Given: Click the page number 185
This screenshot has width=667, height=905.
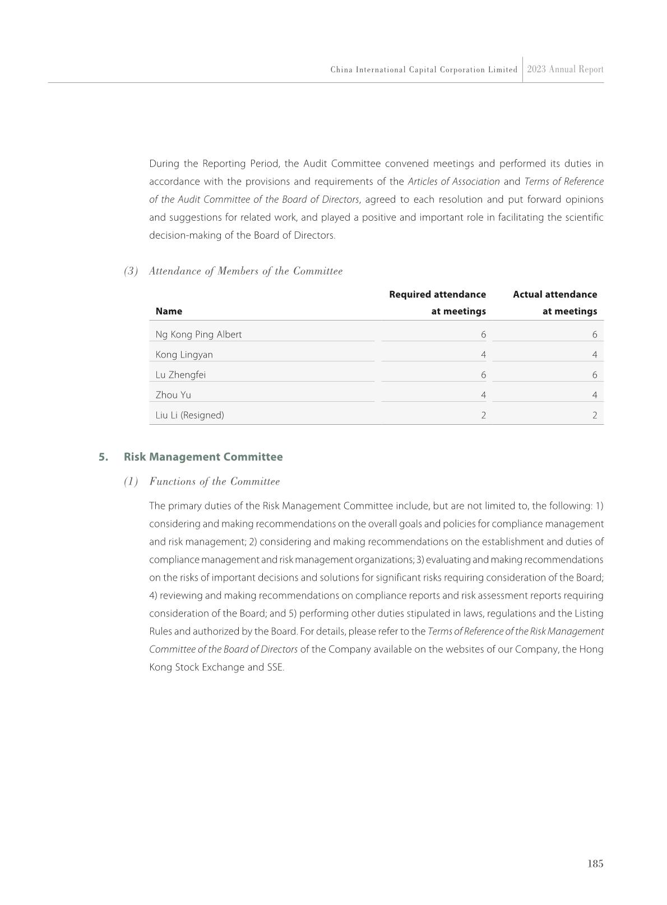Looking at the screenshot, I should (595, 864).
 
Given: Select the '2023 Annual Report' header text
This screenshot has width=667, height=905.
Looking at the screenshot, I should (565, 69).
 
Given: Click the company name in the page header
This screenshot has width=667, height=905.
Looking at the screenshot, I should (424, 70).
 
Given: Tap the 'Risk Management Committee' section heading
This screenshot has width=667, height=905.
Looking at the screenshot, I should (203, 457).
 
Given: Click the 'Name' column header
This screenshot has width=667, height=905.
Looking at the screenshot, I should (169, 311).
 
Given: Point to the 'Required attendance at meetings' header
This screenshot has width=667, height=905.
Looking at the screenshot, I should (438, 303).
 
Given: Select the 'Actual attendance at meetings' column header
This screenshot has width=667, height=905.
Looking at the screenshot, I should (555, 303).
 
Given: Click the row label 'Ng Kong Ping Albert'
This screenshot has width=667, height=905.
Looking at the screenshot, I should (198, 335).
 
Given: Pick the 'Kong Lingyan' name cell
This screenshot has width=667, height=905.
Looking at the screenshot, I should (184, 355).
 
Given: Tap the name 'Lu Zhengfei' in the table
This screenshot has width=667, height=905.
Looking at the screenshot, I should (180, 375).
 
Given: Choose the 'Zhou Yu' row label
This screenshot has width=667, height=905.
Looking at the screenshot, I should (173, 395).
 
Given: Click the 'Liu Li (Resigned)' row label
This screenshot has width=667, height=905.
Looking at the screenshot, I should (189, 415).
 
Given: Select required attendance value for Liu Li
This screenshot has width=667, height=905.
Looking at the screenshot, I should (483, 415).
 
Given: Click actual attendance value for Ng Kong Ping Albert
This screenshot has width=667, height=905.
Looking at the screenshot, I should (594, 335).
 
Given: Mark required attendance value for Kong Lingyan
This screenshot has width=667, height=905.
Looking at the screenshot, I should (483, 355).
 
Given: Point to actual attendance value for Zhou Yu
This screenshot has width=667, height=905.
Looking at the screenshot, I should (594, 395).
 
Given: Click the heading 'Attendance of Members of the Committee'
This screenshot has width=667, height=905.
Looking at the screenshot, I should (246, 271).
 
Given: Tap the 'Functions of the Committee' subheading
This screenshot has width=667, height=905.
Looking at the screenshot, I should (214, 481).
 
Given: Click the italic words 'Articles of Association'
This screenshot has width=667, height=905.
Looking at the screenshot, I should (453, 182).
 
